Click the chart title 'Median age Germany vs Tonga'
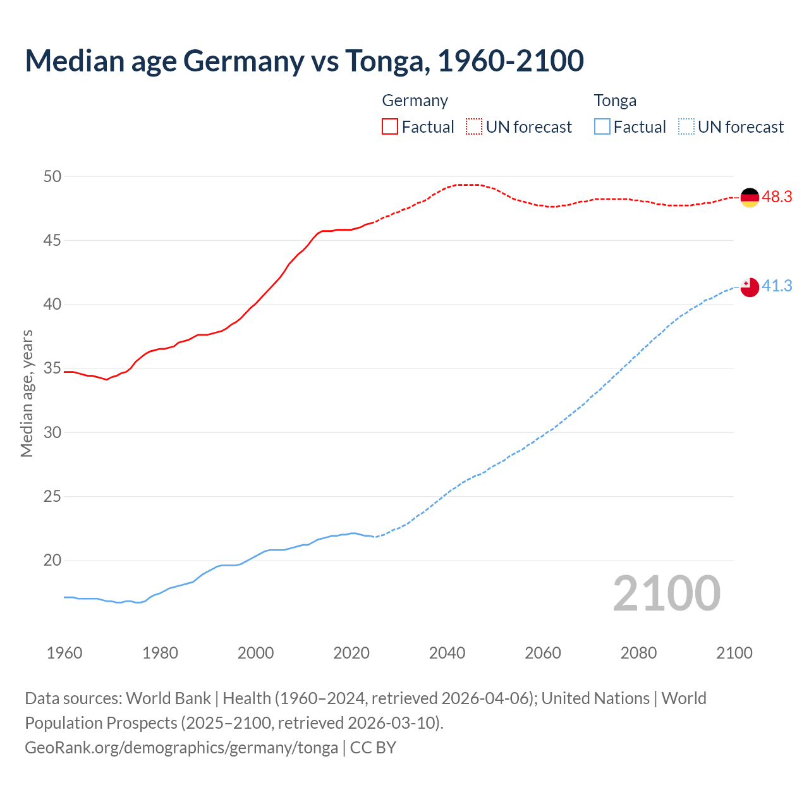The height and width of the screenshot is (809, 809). [304, 61]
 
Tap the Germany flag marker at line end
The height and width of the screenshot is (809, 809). [749, 198]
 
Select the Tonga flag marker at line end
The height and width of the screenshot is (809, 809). [749, 287]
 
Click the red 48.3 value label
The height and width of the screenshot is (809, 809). [777, 197]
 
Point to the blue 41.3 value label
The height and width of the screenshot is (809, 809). [777, 286]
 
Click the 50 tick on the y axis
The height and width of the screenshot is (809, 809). [52, 176]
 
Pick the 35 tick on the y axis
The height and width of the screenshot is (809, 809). [52, 368]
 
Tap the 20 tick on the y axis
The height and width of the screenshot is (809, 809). [52, 561]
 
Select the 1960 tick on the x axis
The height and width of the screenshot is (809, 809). [64, 653]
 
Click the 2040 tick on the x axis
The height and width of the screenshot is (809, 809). [447, 653]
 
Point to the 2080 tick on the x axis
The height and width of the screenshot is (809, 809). [638, 653]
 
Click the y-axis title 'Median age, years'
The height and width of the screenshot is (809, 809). [27, 393]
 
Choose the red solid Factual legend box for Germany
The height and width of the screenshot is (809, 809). [390, 127]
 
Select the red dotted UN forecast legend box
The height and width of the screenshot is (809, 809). [474, 127]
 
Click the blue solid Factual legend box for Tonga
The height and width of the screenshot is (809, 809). [602, 127]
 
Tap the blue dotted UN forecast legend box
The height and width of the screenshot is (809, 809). [686, 127]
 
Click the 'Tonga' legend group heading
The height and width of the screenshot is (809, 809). [615, 100]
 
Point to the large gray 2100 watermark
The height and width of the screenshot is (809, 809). [666, 593]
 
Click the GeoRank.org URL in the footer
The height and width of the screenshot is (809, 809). [181, 748]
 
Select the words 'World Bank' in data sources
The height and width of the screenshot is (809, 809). [168, 698]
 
